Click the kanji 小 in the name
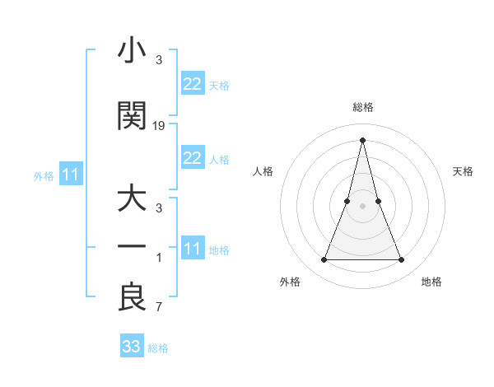click(132, 52)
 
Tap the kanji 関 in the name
click(132, 116)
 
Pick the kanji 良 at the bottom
click(132, 297)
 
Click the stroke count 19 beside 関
click(159, 125)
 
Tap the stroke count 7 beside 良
click(159, 307)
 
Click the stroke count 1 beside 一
click(159, 258)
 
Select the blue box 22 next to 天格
click(192, 84)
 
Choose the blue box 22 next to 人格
click(192, 158)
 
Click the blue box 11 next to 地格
click(192, 249)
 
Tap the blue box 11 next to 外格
click(70, 175)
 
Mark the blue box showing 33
click(131, 347)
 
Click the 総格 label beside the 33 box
click(159, 348)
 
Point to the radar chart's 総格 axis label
click(362, 107)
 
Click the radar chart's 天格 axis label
click(463, 171)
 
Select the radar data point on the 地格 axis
click(402, 260)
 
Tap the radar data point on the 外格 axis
click(324, 260)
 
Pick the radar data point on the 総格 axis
click(362, 139)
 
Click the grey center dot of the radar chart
click(362, 206)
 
